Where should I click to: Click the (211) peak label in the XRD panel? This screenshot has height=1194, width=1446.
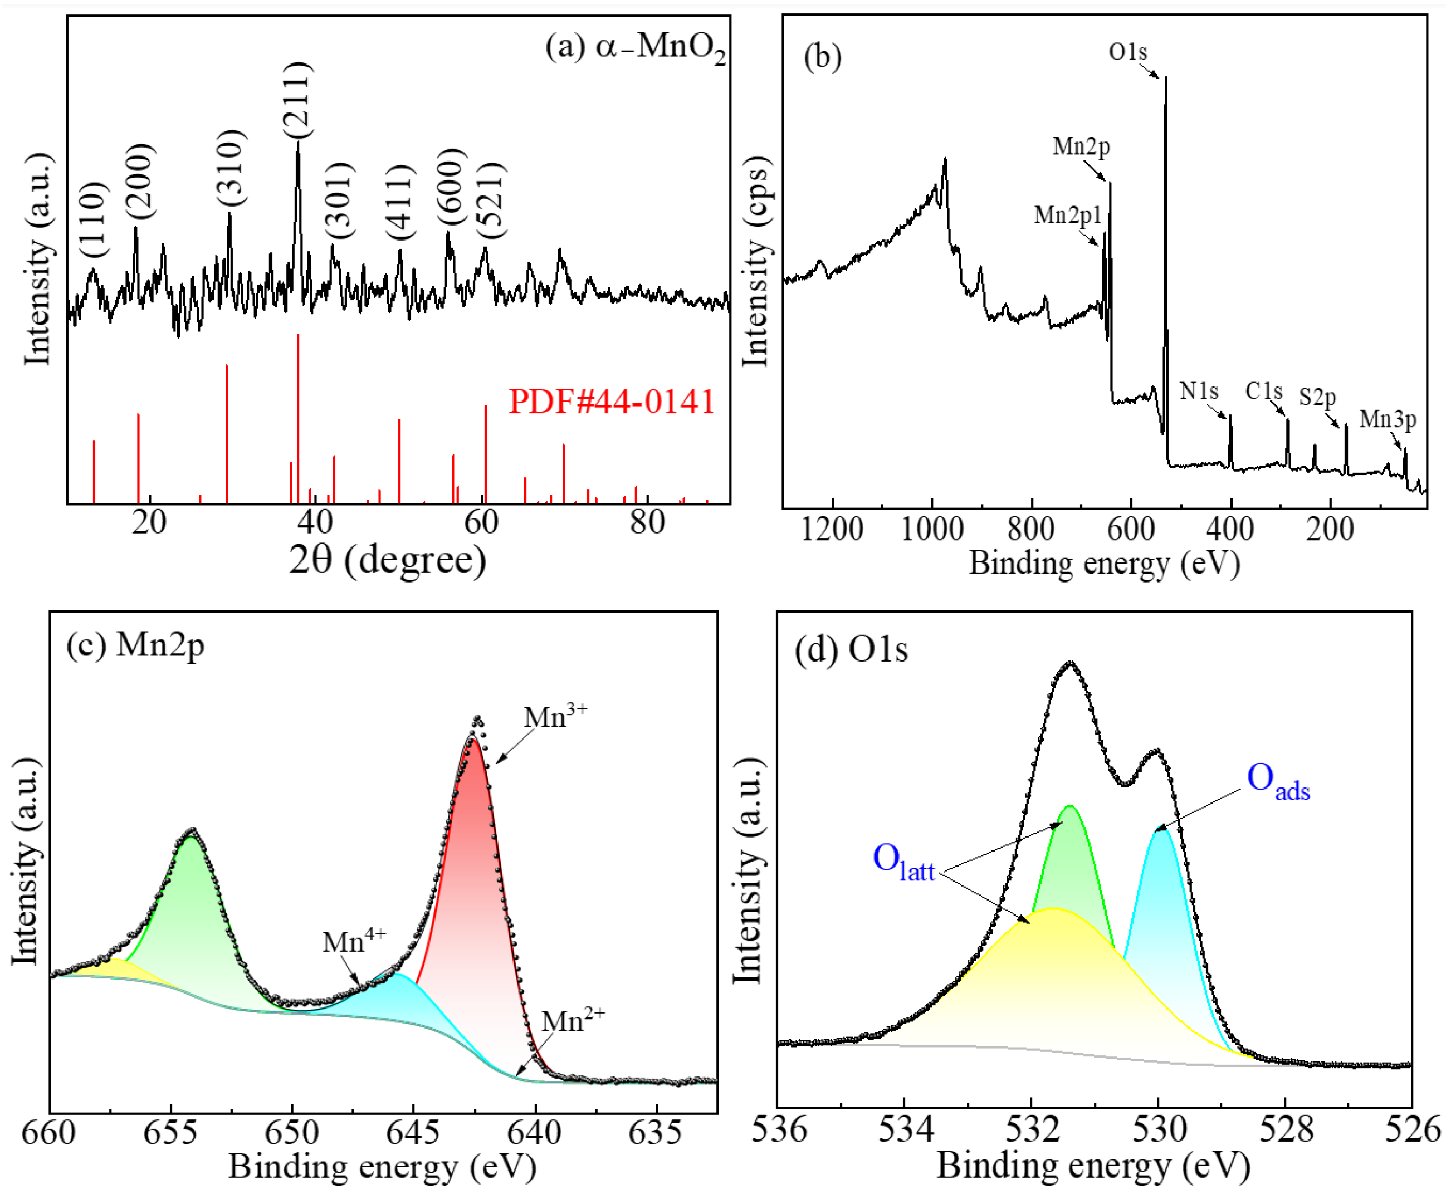[297, 100]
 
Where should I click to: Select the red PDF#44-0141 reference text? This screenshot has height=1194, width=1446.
[612, 401]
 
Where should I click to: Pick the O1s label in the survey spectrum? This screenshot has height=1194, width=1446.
[1127, 52]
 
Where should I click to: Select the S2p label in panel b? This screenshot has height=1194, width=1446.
[1317, 397]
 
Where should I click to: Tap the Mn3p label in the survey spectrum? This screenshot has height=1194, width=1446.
[1388, 419]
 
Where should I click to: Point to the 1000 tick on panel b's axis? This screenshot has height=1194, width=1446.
[932, 529]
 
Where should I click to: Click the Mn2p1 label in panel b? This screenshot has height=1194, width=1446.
[1068, 216]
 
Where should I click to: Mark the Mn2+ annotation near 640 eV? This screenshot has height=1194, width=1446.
[573, 1021]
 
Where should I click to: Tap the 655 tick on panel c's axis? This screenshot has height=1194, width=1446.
[170, 1132]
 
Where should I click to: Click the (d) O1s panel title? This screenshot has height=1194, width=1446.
[851, 649]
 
